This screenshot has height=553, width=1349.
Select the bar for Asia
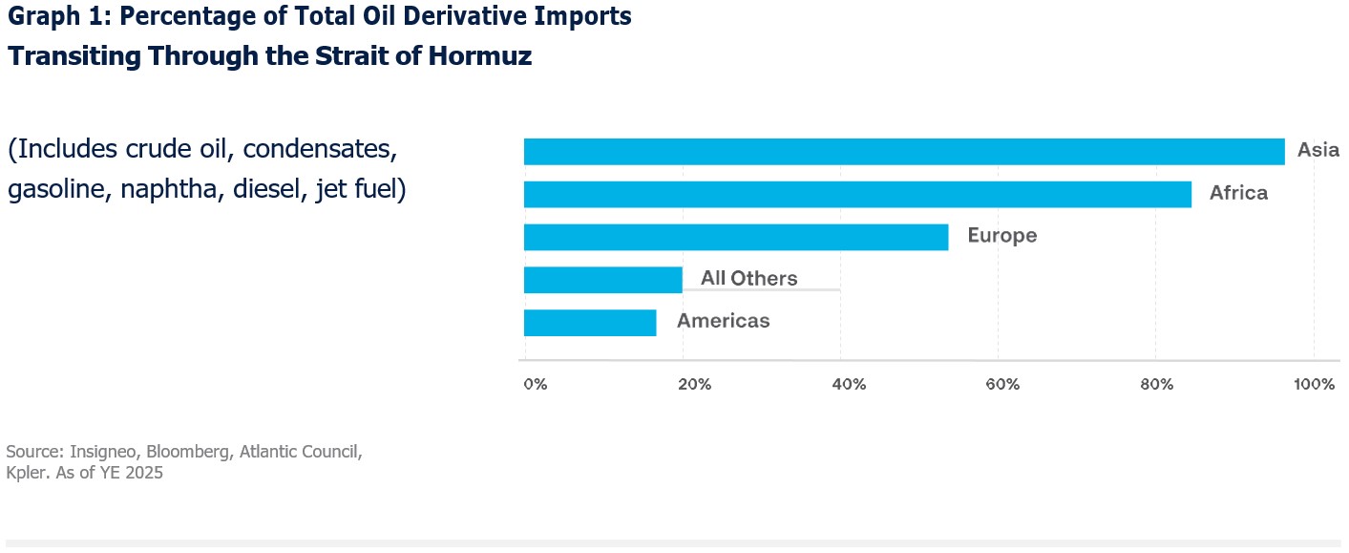tap(903, 151)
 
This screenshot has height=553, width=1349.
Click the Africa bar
tap(857, 194)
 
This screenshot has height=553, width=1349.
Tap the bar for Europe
tap(735, 237)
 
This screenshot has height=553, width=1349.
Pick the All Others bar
tap(602, 280)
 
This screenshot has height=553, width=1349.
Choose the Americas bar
tap(590, 323)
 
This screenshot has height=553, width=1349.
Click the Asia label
tap(1317, 150)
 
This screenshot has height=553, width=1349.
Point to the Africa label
tap(1238, 193)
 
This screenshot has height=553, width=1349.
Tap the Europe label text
tap(1001, 236)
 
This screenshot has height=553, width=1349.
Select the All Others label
tap(748, 279)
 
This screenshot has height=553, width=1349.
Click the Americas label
tap(723, 321)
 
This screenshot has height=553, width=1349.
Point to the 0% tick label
tap(535, 385)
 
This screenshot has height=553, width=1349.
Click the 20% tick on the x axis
tap(694, 385)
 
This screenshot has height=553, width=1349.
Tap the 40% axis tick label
tap(849, 385)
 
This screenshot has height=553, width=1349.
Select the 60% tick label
tap(1003, 385)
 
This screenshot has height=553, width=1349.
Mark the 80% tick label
tap(1158, 385)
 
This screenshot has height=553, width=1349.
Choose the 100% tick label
tap(1315, 385)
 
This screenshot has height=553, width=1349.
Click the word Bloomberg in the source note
tap(191, 451)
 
